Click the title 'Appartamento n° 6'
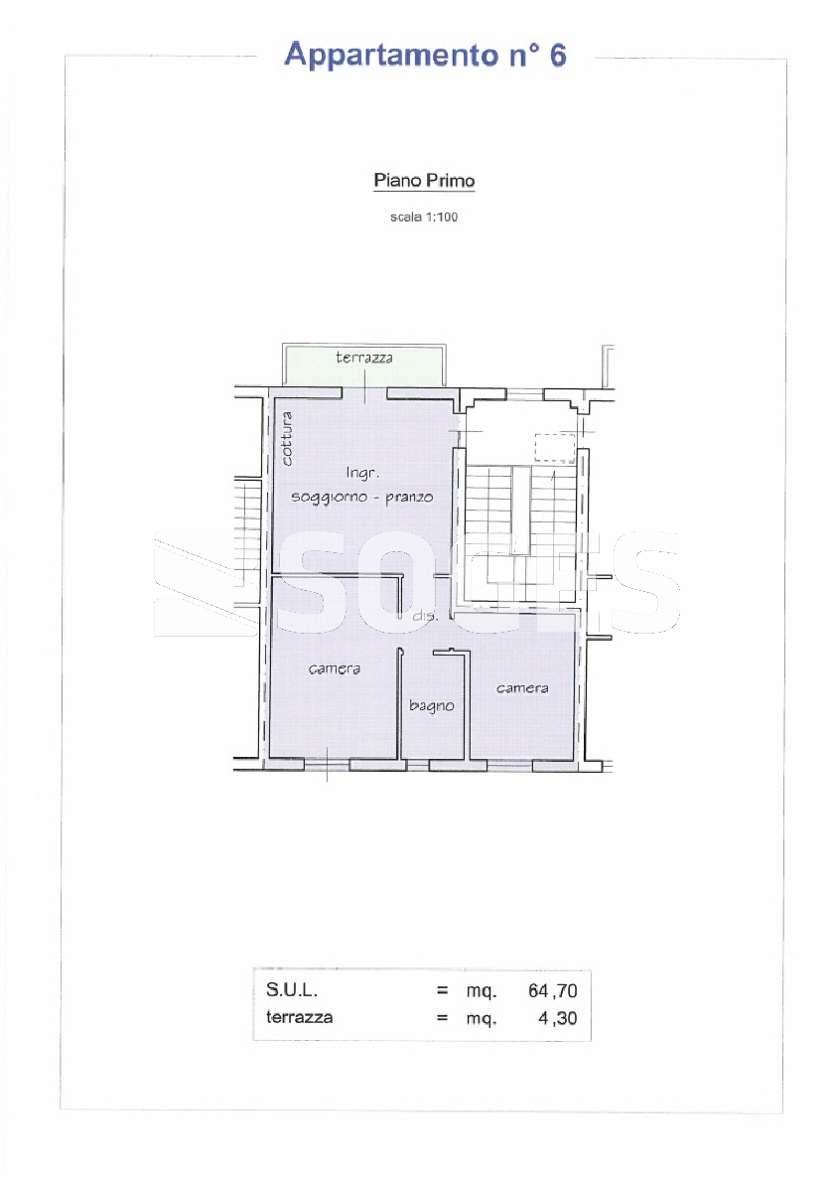pyautogui.click(x=425, y=56)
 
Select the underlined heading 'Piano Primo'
pyautogui.click(x=425, y=181)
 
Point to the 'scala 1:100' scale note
pyautogui.click(x=424, y=217)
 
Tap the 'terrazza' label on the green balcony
pyautogui.click(x=364, y=358)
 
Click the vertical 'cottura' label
pyautogui.click(x=286, y=438)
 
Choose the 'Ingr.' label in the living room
pyautogui.click(x=362, y=472)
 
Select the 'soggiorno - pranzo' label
pyautogui.click(x=362, y=497)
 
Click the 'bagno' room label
pyautogui.click(x=432, y=706)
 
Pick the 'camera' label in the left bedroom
pyautogui.click(x=335, y=668)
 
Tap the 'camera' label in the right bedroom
pyautogui.click(x=522, y=688)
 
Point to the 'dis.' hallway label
pyautogui.click(x=425, y=616)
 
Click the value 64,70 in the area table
pyautogui.click(x=552, y=991)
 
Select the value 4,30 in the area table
pyautogui.click(x=558, y=1018)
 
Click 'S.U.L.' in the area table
pyautogui.click(x=292, y=990)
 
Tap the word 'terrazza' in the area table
pyautogui.click(x=299, y=1017)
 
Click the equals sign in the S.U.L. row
pyautogui.click(x=443, y=991)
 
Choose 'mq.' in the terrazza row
pyautogui.click(x=481, y=1020)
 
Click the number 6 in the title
pyautogui.click(x=558, y=56)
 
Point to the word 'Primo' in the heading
pyautogui.click(x=450, y=181)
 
